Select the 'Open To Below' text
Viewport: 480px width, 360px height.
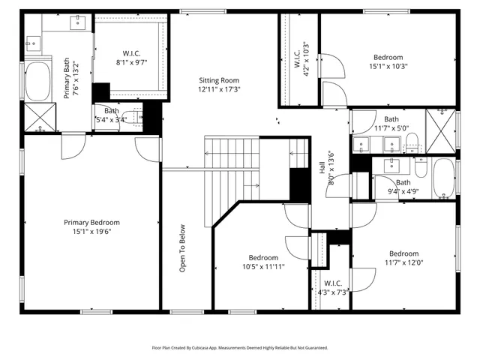pos(182,250)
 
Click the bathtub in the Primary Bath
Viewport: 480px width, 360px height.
pos(36,82)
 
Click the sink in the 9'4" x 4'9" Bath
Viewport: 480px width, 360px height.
pos(391,164)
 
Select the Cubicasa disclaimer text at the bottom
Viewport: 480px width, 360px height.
pos(240,347)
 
